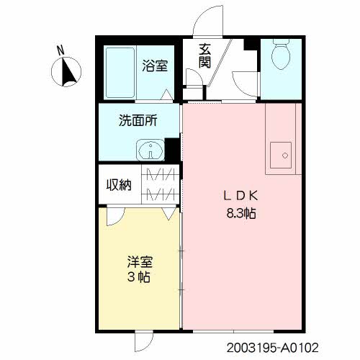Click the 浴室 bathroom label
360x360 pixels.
[156, 66]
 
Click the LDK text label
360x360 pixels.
[239, 195]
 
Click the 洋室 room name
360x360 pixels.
[140, 261]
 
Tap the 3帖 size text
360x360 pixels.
[140, 277]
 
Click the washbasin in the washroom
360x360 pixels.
[149, 150]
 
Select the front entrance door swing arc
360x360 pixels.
[207, 19]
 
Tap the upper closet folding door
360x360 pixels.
[161, 174]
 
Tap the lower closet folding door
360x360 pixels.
[161, 194]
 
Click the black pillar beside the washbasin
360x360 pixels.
[172, 150]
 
